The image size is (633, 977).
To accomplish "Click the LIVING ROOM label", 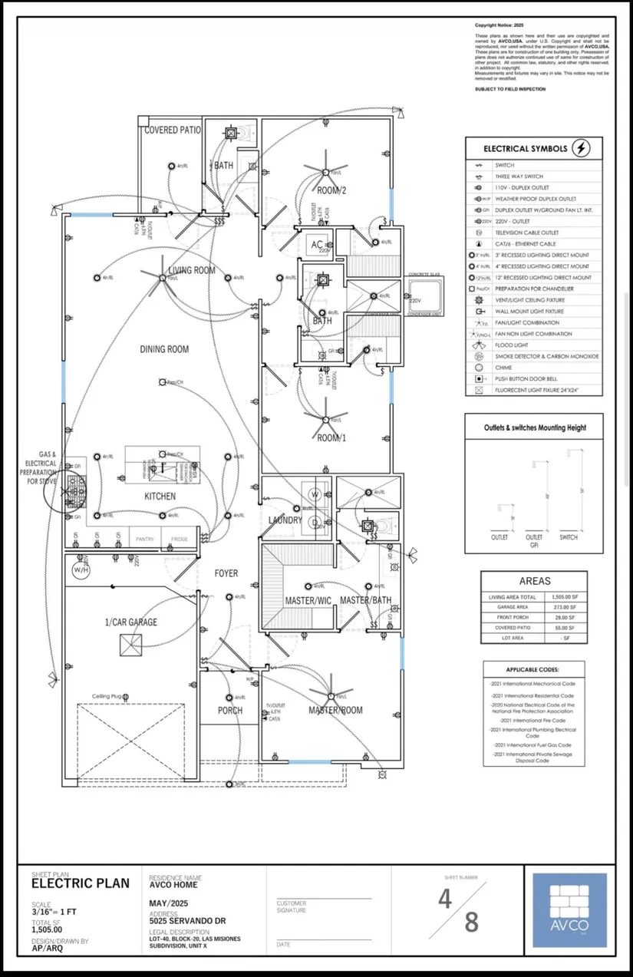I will point(193,270).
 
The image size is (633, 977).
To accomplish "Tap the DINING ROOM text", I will point(164,349).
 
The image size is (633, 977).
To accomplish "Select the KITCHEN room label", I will point(160,497).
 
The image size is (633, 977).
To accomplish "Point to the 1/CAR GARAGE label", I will point(131,622).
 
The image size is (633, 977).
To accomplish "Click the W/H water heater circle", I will point(81,570).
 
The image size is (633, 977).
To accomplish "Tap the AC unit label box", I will point(317,246).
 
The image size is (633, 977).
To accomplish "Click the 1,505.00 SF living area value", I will point(565,596).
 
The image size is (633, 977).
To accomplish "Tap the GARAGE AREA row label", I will point(507,607).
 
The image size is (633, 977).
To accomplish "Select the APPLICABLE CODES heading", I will point(532,669).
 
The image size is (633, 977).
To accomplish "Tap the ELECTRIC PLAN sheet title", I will point(81,883).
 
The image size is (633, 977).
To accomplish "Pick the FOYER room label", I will point(226,573).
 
